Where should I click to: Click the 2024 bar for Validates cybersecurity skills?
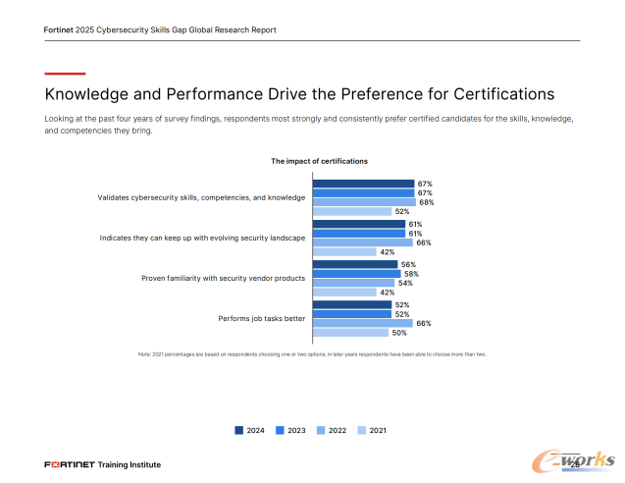coord(363,184)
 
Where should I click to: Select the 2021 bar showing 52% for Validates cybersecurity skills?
coord(351,211)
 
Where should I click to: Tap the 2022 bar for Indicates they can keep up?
coord(362,242)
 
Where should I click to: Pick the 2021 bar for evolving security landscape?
coord(344,252)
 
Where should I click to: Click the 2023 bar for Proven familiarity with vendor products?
coord(356,274)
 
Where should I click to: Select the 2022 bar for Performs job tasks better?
coord(362,323)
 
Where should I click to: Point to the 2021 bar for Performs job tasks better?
coord(350,333)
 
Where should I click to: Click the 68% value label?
coord(426,202)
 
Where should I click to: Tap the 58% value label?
coord(411,274)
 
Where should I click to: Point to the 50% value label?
coord(398,333)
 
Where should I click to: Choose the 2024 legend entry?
coord(249,430)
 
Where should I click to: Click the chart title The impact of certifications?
coord(319,161)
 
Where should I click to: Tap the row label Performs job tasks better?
coord(261,318)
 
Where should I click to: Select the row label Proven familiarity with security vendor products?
coord(224,278)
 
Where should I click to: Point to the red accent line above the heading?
coord(66,74)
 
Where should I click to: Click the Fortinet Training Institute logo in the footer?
coord(102,463)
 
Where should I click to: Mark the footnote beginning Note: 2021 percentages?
coord(312,353)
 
